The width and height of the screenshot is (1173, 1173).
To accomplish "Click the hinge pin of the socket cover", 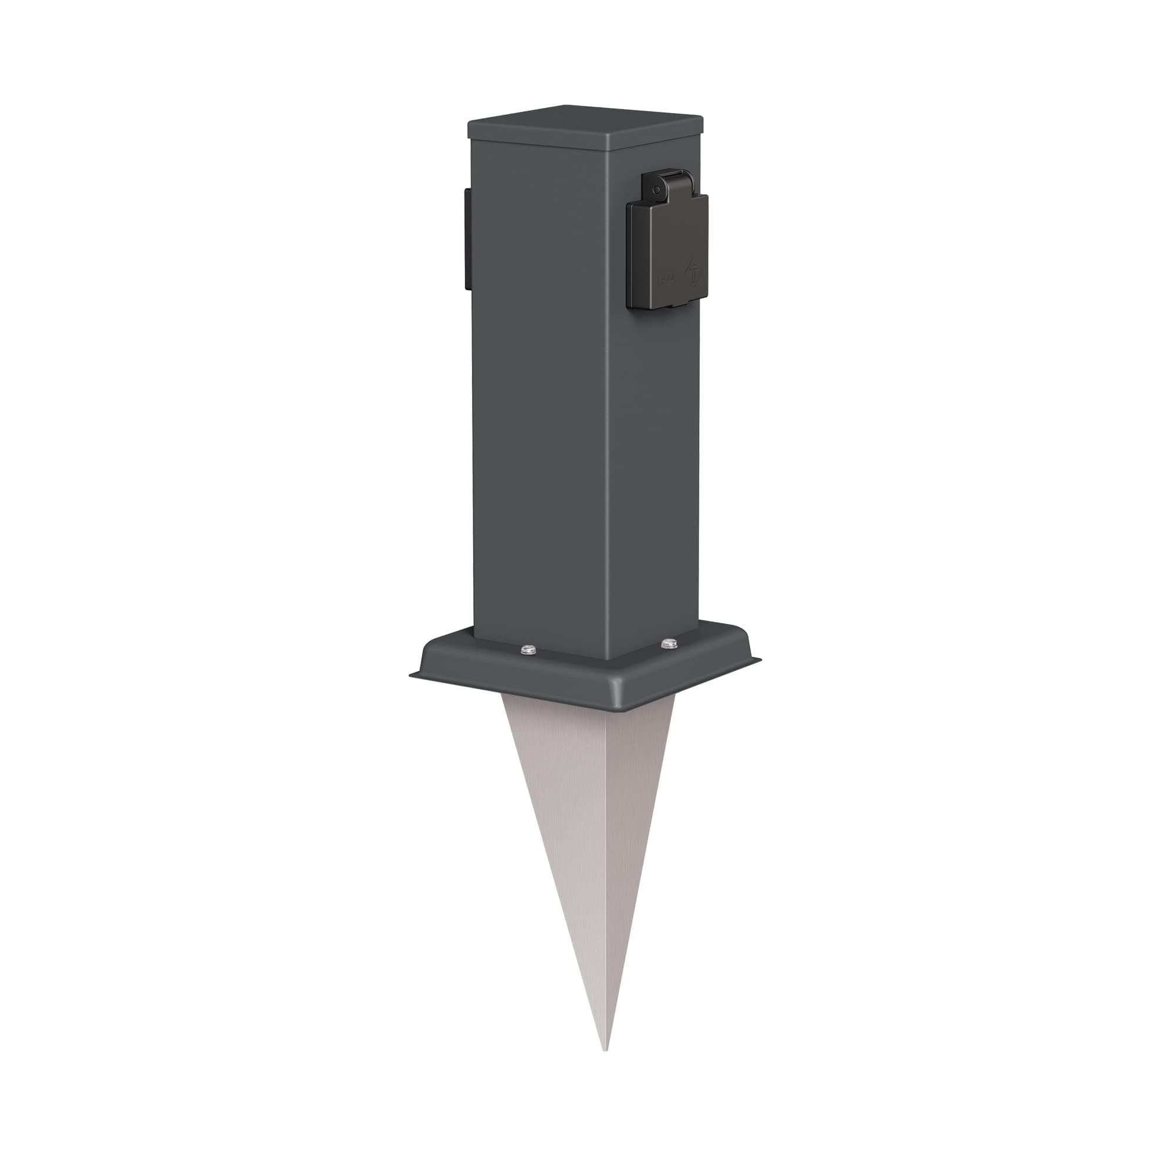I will pyautogui.click(x=655, y=190).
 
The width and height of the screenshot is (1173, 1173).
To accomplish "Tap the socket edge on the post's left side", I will pyautogui.click(x=466, y=238).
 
